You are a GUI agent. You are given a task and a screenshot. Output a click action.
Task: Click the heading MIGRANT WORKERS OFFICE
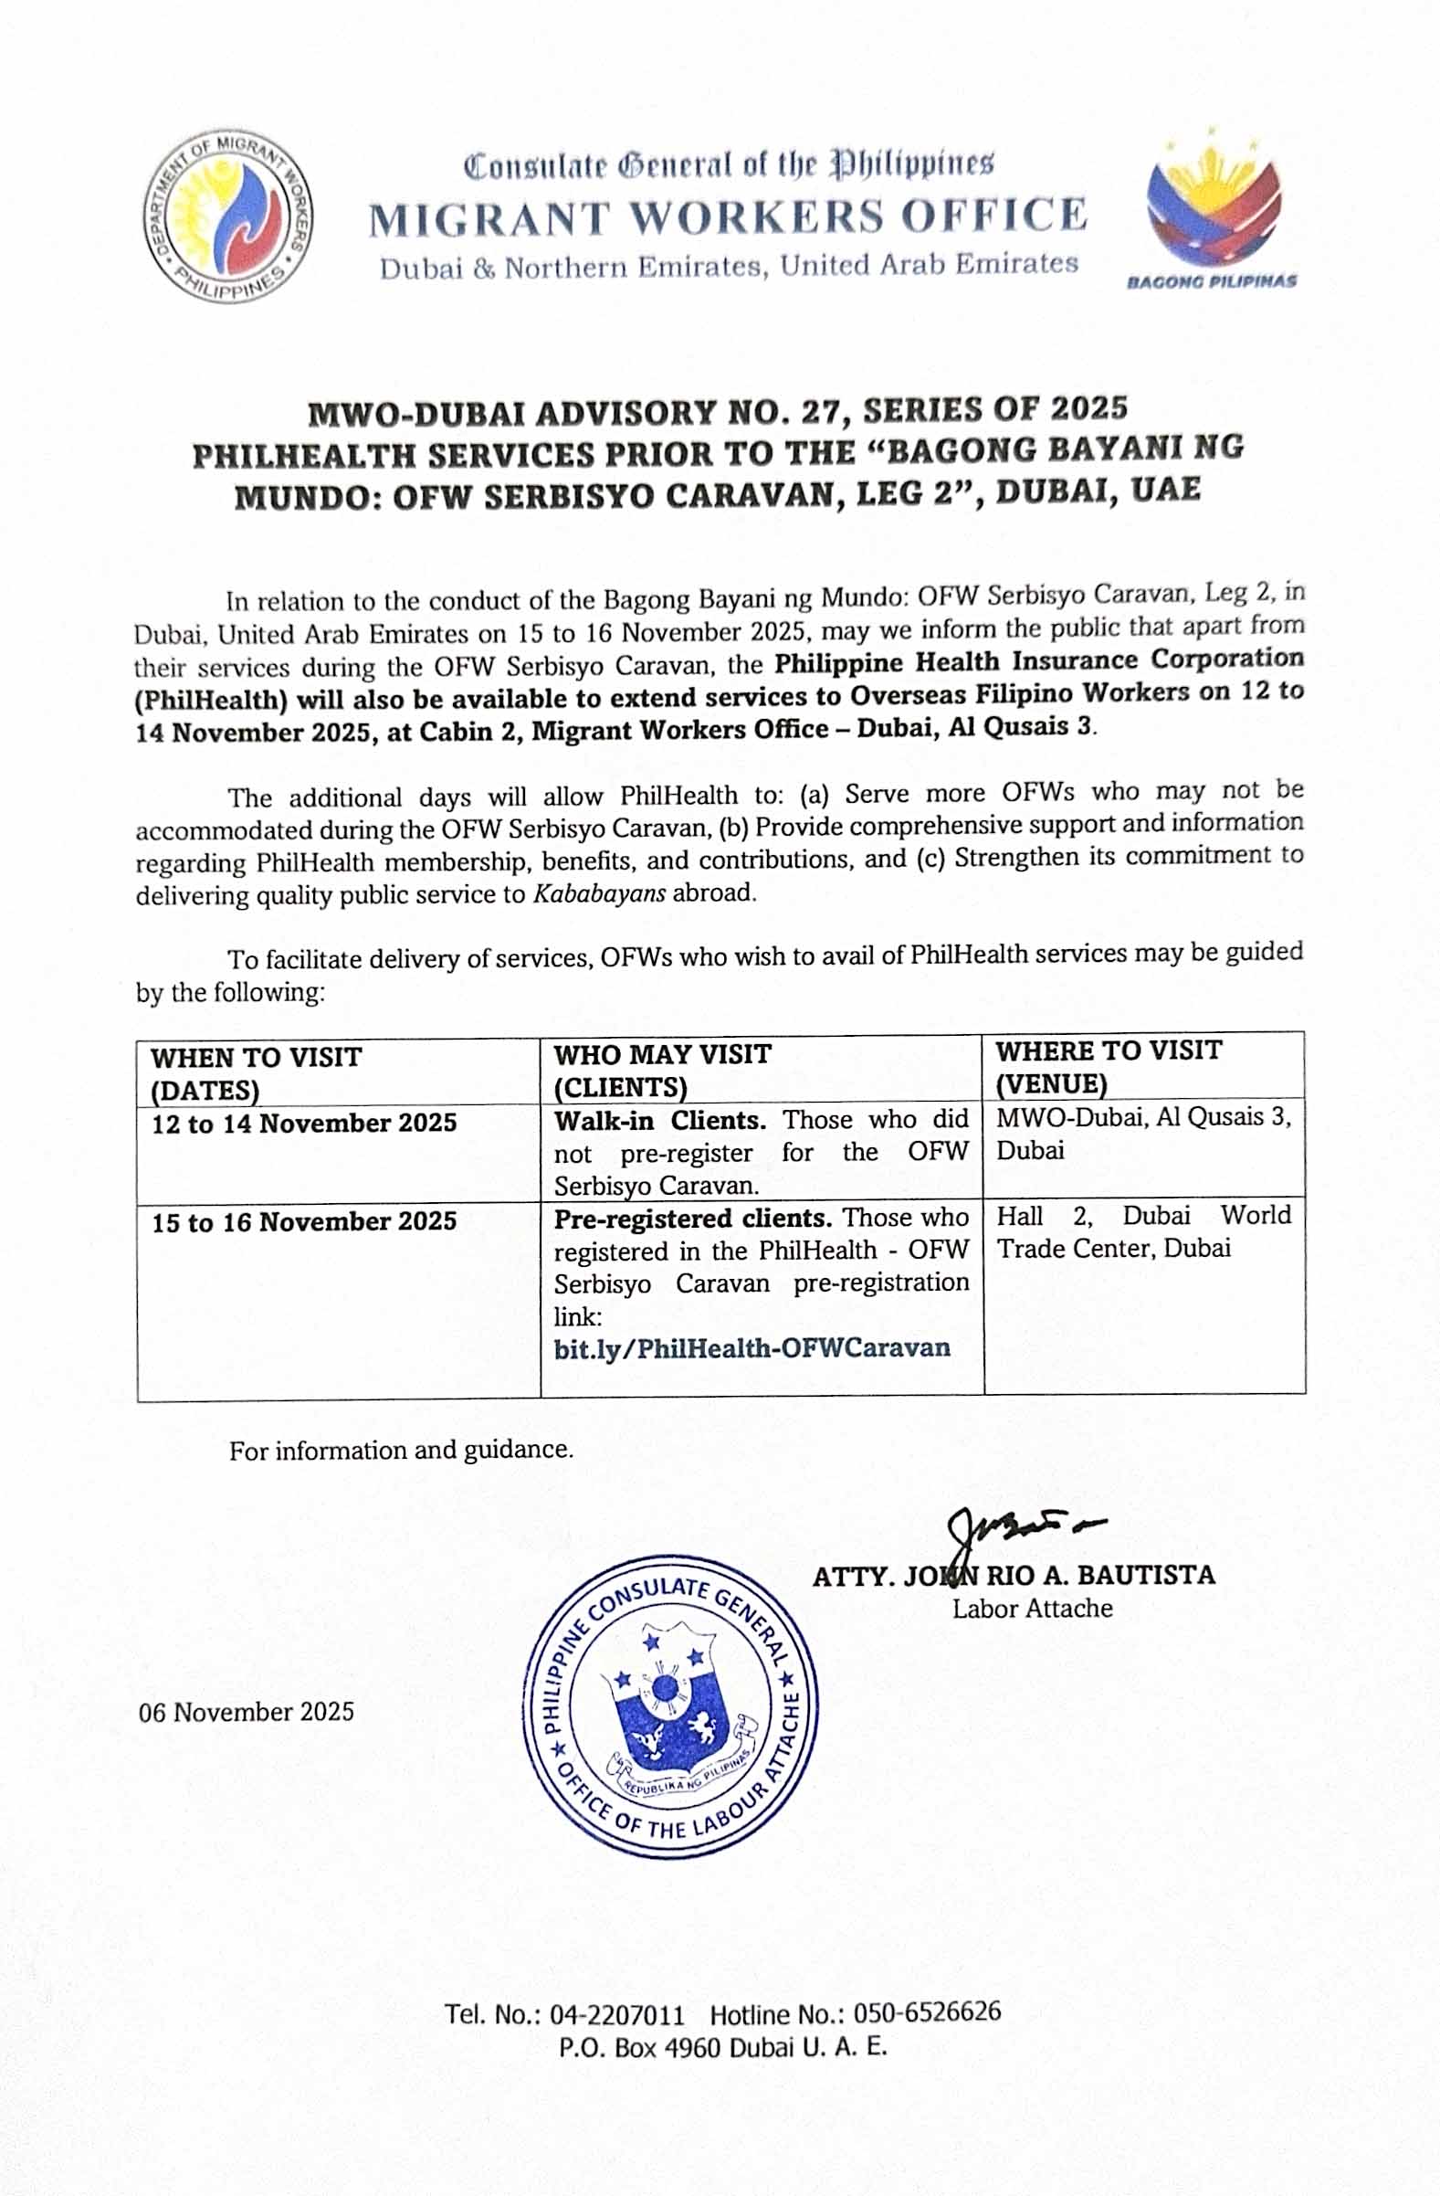coord(728,216)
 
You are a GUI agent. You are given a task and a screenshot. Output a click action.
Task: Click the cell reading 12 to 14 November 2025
coord(304,1123)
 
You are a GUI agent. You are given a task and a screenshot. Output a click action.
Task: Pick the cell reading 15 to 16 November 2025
coord(304,1221)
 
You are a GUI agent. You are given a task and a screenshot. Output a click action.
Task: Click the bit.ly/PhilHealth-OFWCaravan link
coord(752,1348)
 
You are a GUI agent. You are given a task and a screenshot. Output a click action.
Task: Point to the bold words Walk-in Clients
coord(659,1120)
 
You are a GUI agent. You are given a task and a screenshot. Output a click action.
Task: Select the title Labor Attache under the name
coord(1032,1609)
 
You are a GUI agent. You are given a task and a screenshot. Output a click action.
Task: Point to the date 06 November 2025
coord(247,1712)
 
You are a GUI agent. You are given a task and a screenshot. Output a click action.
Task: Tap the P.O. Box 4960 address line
coord(722,2048)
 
